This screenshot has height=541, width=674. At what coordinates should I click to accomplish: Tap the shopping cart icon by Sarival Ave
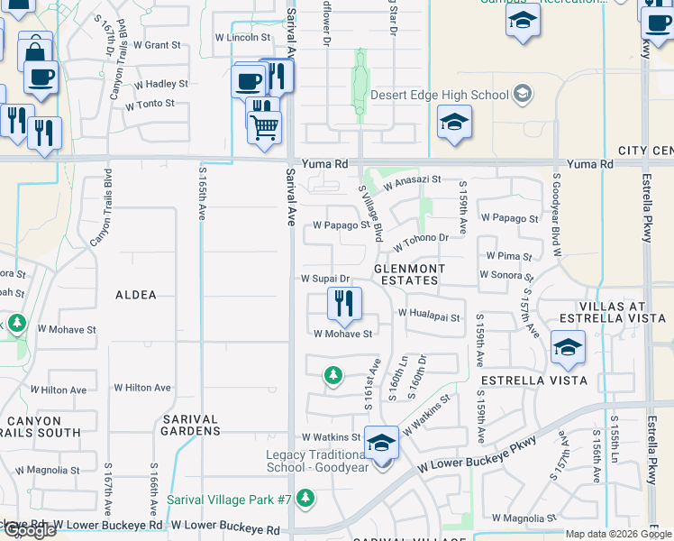tap(263, 128)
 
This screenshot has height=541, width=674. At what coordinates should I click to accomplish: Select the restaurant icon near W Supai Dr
tap(343, 303)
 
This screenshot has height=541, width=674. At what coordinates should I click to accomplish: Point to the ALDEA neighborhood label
tap(136, 295)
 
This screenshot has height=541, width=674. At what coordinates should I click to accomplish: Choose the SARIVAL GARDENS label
tap(191, 425)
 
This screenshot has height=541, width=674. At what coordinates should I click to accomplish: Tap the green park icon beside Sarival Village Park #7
tap(305, 498)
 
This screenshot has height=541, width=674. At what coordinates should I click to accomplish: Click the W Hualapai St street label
tap(429, 317)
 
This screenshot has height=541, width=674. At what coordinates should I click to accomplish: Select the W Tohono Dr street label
tap(420, 237)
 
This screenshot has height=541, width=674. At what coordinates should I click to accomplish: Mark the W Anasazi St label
tap(412, 180)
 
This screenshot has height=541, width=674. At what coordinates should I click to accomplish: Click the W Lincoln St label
tap(242, 38)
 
